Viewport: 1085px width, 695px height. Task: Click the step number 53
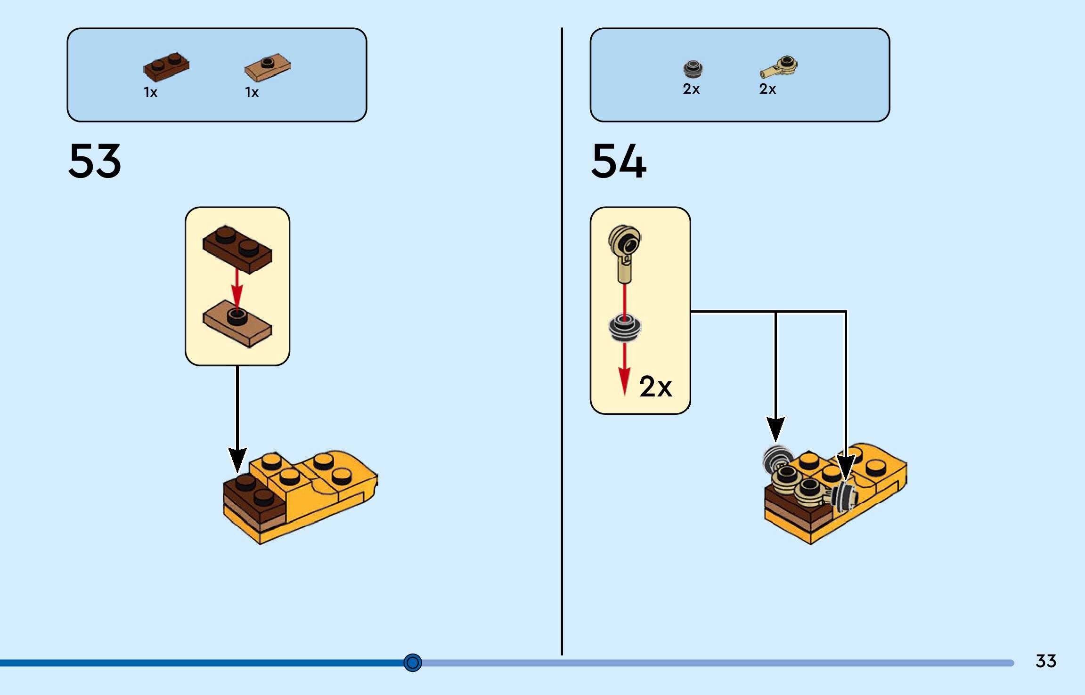click(95, 162)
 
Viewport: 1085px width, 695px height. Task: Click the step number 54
click(619, 162)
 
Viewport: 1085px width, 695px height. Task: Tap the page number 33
click(1045, 661)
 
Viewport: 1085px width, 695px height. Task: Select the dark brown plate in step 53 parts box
click(166, 67)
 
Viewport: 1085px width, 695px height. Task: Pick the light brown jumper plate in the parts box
click(267, 67)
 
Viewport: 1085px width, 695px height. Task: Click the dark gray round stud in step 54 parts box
click(693, 69)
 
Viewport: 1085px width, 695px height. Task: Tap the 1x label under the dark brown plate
click(150, 92)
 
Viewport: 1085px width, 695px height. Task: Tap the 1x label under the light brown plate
click(252, 92)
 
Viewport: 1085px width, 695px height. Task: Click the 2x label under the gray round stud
click(691, 89)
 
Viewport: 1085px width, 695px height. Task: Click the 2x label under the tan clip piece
click(767, 89)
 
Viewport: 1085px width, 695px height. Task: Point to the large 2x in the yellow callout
click(655, 387)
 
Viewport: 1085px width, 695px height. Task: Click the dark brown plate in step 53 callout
click(237, 249)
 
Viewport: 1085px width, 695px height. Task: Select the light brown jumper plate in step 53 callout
click(237, 324)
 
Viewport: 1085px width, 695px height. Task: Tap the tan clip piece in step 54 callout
click(625, 252)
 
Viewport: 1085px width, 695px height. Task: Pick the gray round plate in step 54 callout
click(625, 327)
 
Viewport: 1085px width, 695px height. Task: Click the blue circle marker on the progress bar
click(413, 663)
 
